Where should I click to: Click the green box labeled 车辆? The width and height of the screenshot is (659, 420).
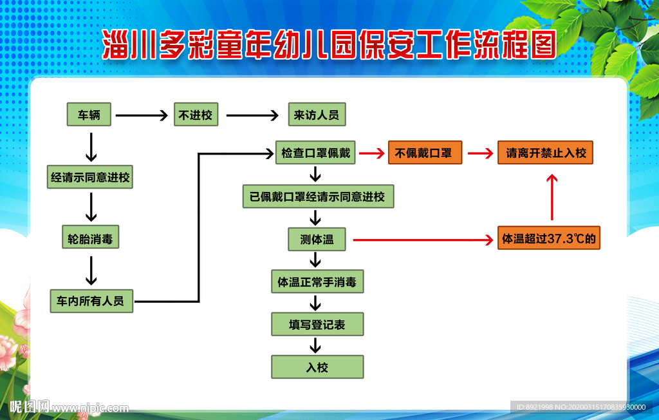click(x=89, y=115)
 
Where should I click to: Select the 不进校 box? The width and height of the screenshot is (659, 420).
click(x=196, y=115)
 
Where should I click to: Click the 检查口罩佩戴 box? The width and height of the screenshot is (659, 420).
click(x=315, y=153)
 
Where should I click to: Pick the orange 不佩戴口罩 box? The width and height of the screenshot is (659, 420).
click(x=425, y=153)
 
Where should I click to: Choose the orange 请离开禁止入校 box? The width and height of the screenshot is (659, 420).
click(x=545, y=153)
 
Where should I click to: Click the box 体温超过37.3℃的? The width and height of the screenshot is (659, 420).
click(x=549, y=239)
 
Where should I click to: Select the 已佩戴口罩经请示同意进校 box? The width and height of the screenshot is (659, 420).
click(x=318, y=196)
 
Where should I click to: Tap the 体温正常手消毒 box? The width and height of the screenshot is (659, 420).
click(x=317, y=282)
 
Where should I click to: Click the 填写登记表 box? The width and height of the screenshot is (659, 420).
click(x=317, y=325)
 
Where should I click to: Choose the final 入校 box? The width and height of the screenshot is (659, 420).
click(x=317, y=367)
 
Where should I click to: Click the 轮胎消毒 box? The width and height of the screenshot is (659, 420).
click(x=90, y=239)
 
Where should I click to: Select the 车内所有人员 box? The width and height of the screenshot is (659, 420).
click(x=91, y=301)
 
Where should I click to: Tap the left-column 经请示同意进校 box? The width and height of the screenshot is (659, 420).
click(x=90, y=177)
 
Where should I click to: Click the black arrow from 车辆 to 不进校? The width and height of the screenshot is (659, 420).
click(x=140, y=116)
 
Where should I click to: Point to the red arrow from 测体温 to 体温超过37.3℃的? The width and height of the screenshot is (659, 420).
click(x=422, y=240)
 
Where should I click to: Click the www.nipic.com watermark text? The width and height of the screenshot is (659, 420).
click(x=90, y=408)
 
